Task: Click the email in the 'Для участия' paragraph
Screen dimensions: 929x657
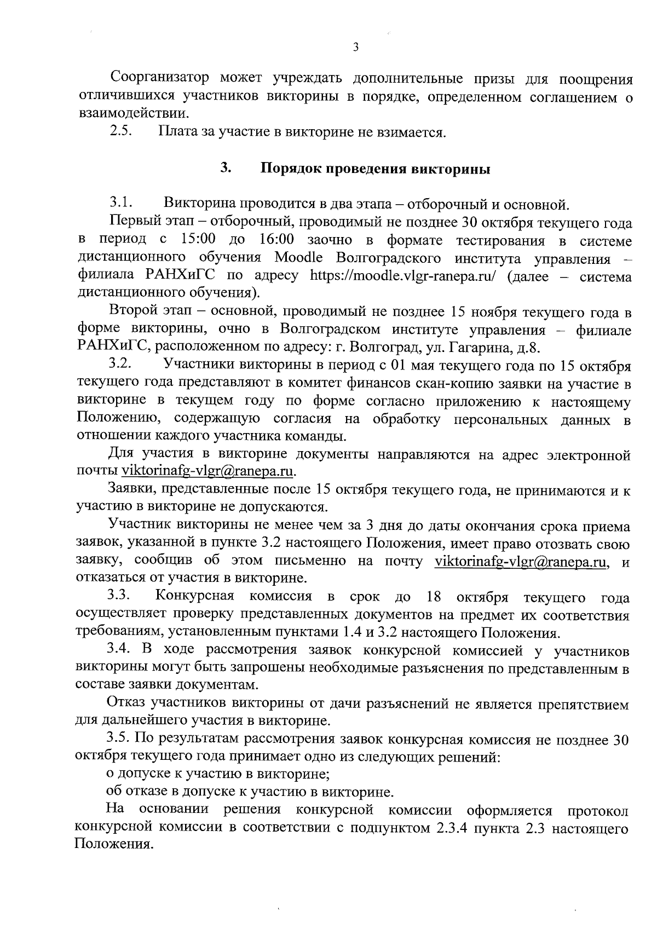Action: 208,471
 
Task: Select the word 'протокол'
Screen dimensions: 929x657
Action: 598,810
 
